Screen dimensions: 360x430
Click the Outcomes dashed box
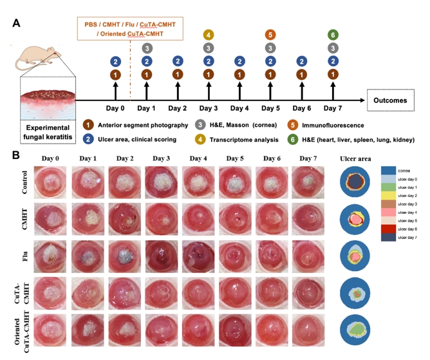[391, 100]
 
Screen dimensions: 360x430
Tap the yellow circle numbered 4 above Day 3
[209, 35]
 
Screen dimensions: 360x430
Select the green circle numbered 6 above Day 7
[333, 35]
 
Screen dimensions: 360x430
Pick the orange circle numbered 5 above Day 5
[270, 35]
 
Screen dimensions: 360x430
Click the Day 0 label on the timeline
[115, 109]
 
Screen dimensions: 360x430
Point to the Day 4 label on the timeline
[239, 109]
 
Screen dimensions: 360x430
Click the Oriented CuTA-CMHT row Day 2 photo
[122, 330]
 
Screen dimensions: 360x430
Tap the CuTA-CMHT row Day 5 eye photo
[234, 294]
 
